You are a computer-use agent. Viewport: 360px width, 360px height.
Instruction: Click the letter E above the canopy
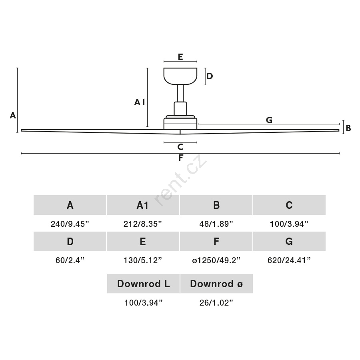(x=180, y=57)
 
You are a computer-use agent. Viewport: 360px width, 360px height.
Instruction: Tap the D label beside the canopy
(x=209, y=76)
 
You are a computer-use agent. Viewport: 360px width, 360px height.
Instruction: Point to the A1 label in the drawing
(x=140, y=102)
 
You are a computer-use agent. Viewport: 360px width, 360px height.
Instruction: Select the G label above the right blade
(x=269, y=120)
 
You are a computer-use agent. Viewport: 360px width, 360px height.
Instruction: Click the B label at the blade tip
(x=348, y=128)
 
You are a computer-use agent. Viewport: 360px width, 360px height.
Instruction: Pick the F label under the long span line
(x=181, y=158)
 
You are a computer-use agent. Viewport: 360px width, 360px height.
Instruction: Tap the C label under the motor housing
(x=180, y=147)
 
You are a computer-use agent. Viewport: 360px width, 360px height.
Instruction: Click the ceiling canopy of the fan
(x=180, y=76)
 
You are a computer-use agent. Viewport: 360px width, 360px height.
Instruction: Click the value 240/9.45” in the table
(x=70, y=224)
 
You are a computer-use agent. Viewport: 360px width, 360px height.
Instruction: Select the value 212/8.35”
(x=143, y=224)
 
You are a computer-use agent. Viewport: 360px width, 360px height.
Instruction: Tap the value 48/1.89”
(x=216, y=224)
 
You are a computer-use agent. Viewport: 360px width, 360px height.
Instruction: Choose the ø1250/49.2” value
(x=216, y=260)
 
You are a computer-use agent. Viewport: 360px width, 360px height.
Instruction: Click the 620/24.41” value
(x=289, y=260)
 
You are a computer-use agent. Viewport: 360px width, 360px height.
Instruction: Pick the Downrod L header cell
(x=143, y=284)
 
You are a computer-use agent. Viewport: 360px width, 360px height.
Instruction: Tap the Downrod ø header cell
(x=216, y=284)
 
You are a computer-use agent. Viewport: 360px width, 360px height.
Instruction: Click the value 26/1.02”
(x=216, y=303)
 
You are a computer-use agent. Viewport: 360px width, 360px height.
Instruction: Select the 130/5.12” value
(x=143, y=260)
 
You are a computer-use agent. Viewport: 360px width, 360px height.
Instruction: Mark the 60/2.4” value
(x=70, y=260)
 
